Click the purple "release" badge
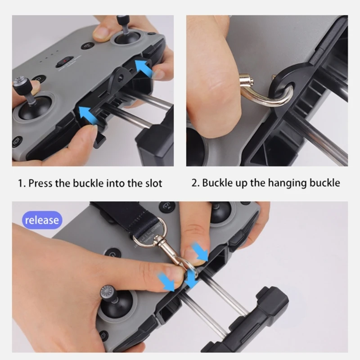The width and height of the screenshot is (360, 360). pyautogui.click(x=42, y=220)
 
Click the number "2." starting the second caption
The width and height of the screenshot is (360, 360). pyautogui.click(x=196, y=183)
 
